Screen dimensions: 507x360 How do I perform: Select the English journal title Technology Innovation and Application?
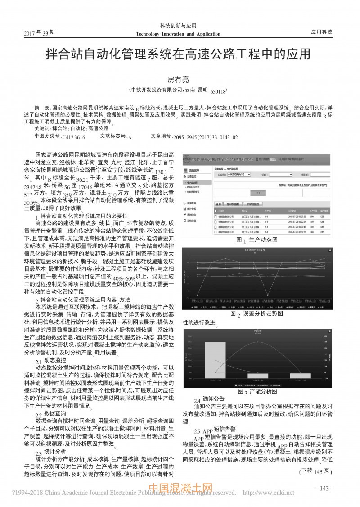178,34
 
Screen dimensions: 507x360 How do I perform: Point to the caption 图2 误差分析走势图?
257,313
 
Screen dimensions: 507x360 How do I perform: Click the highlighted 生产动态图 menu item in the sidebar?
194,183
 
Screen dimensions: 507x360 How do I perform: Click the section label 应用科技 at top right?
321,32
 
